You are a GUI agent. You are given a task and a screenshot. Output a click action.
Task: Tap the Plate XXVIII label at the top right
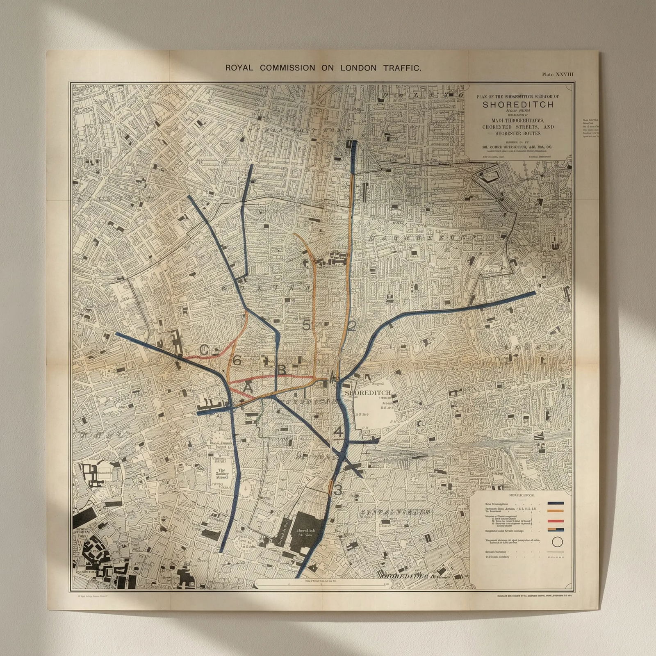click(x=558, y=74)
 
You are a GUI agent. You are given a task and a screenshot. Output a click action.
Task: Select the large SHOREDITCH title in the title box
click(x=518, y=104)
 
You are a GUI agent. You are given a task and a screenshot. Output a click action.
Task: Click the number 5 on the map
click(x=306, y=325)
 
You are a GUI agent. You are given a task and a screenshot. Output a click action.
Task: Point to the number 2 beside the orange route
click(x=352, y=326)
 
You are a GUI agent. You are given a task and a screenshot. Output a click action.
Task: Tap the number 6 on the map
click(x=237, y=360)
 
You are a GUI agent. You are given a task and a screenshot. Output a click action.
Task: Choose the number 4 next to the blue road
click(x=338, y=432)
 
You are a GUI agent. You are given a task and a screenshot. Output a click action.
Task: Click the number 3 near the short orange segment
click(x=338, y=490)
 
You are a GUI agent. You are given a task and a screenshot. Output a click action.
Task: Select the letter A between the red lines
click(x=248, y=387)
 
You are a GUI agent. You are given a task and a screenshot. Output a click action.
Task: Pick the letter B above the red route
click(x=282, y=370)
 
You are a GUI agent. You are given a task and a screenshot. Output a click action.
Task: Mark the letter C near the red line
click(x=204, y=350)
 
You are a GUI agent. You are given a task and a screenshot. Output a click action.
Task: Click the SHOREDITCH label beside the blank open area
click(x=368, y=392)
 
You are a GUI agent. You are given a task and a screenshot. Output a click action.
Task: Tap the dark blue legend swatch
click(x=556, y=503)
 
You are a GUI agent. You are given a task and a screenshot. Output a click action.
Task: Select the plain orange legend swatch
click(x=556, y=511)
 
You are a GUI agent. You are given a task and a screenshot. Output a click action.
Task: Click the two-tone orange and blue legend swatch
click(x=556, y=530)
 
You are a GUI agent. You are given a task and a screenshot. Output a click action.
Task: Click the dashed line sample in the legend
click(x=556, y=558)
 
